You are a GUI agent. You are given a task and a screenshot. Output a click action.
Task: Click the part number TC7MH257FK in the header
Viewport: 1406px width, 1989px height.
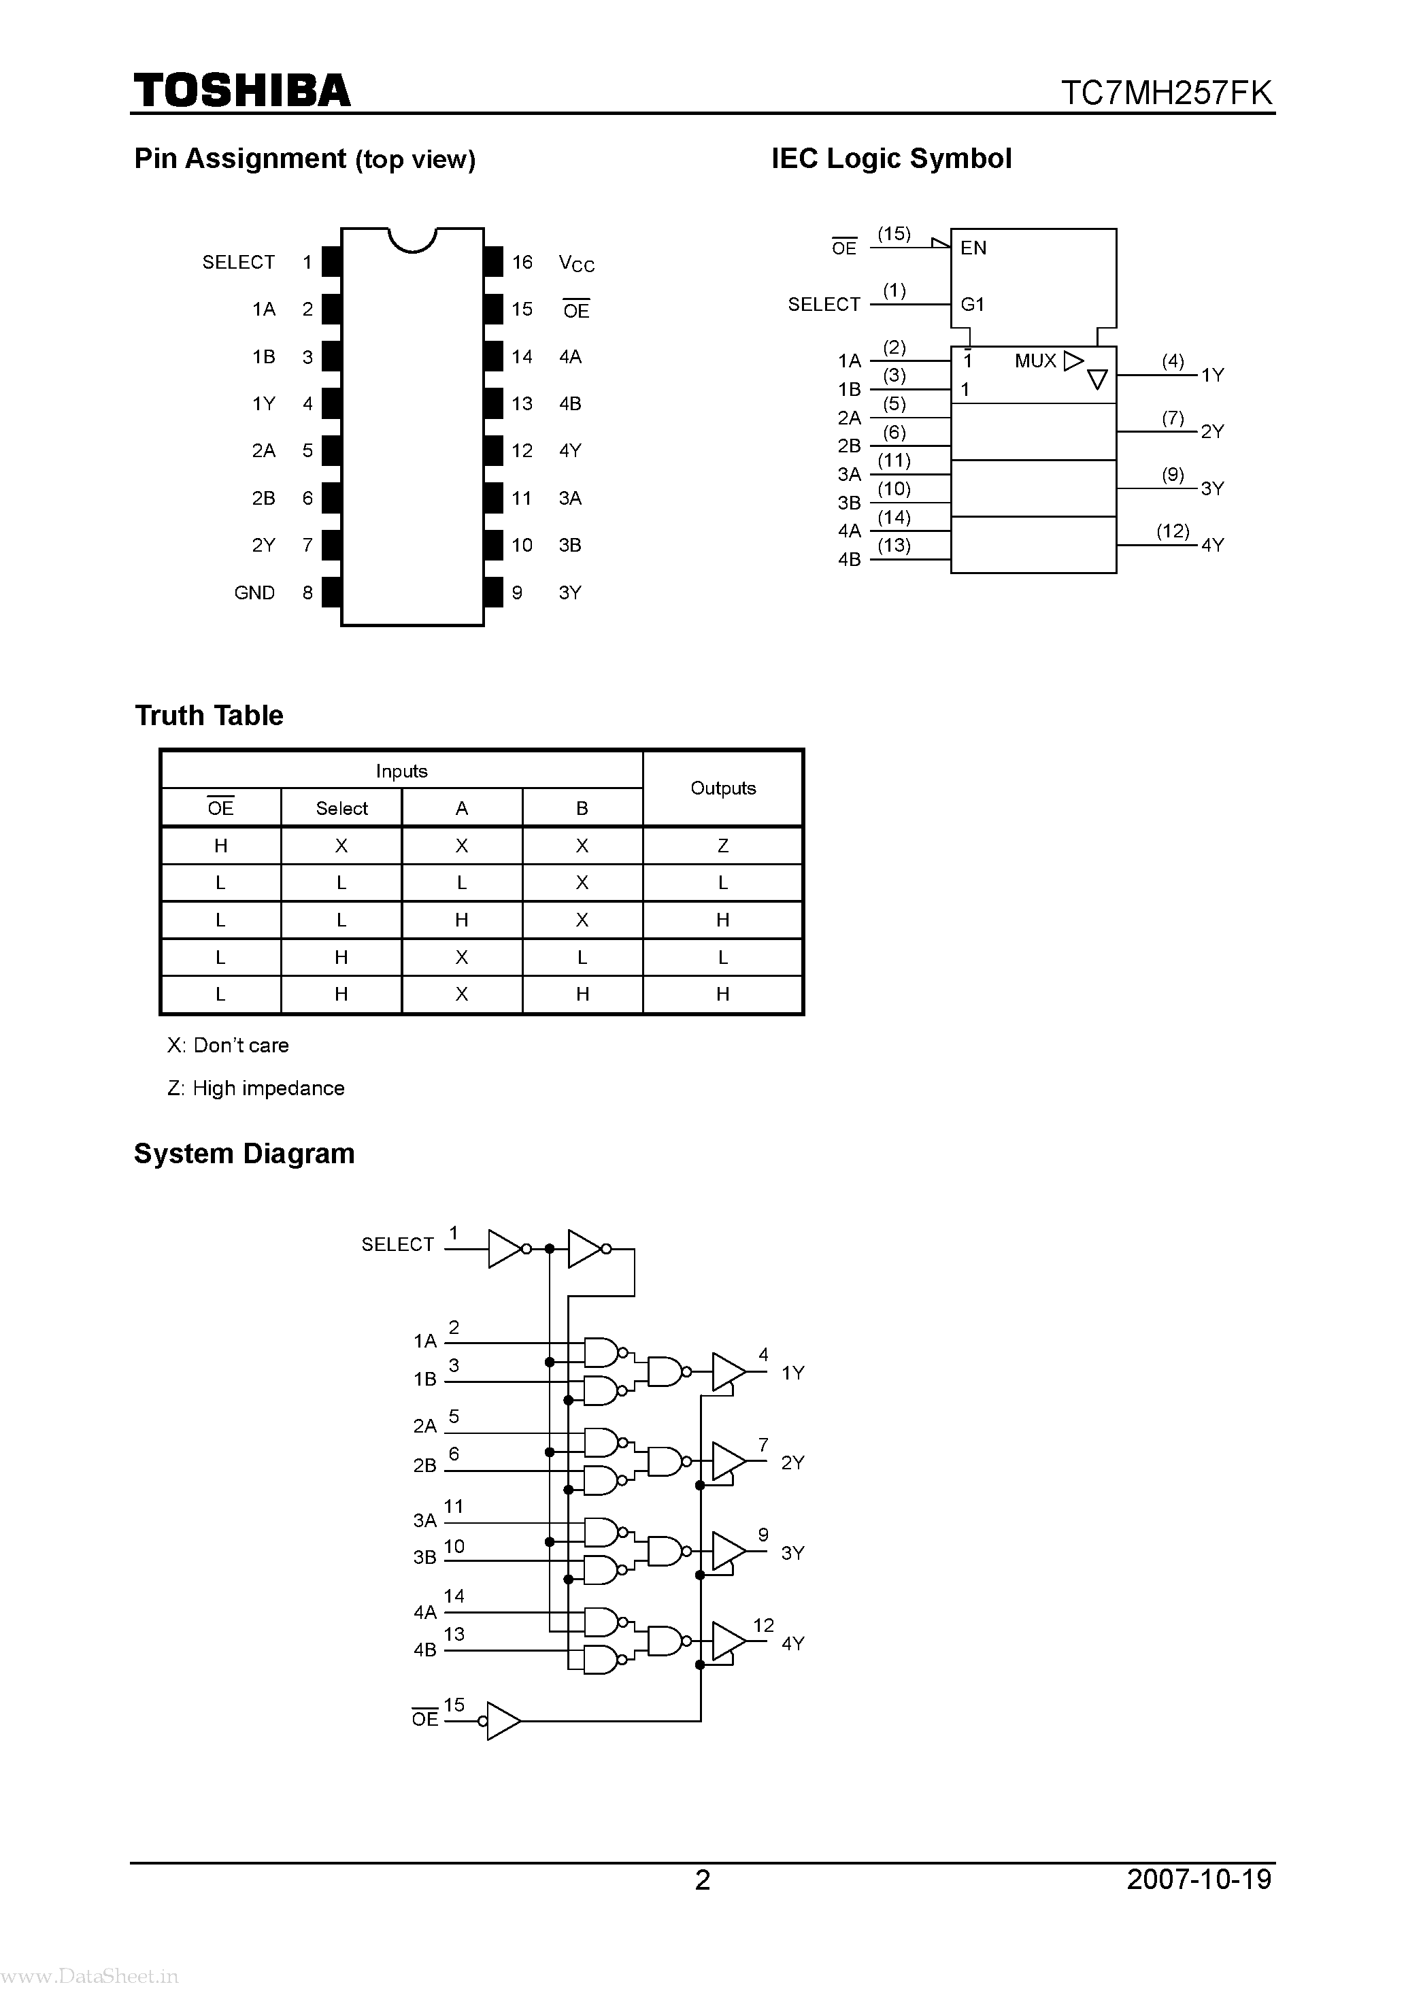tap(1166, 93)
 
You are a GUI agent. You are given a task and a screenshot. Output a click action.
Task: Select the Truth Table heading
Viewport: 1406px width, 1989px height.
tap(209, 716)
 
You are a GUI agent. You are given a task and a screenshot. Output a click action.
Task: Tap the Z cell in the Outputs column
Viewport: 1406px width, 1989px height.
tap(722, 846)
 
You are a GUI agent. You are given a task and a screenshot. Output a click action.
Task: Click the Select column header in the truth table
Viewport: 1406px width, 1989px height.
tap(341, 808)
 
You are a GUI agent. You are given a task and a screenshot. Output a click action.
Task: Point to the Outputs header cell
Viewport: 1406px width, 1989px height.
tap(722, 788)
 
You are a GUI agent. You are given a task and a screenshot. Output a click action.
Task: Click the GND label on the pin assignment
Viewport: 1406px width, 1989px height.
tap(254, 592)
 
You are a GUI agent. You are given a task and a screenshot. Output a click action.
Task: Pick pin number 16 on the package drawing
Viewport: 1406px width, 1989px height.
tap(522, 262)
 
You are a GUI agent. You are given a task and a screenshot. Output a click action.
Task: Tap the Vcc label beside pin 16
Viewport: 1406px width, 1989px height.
tap(576, 263)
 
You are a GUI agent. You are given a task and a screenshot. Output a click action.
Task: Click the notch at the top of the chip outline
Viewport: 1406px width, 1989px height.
tap(412, 239)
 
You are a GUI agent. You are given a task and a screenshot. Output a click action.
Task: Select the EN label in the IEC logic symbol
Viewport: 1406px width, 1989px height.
tap(973, 248)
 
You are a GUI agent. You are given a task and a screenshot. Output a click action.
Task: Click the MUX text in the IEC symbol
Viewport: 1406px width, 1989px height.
tap(1035, 361)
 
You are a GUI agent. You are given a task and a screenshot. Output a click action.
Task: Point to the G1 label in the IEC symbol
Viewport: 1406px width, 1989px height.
tap(972, 304)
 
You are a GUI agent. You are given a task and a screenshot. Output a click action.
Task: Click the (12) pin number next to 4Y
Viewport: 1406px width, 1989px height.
tap(1172, 531)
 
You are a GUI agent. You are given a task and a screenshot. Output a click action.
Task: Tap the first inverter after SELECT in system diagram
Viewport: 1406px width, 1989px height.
tap(505, 1248)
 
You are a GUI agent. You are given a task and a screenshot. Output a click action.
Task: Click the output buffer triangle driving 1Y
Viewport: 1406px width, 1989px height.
tap(728, 1371)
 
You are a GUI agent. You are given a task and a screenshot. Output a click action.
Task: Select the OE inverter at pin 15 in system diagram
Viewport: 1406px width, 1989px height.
tap(503, 1720)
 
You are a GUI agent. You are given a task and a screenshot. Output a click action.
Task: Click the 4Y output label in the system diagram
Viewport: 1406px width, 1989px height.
tap(792, 1643)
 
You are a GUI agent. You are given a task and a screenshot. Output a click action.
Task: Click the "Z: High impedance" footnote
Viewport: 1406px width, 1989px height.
tap(256, 1088)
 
